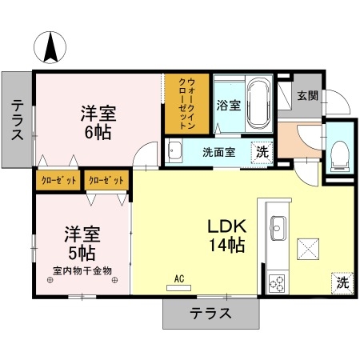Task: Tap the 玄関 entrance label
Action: [x=308, y=96]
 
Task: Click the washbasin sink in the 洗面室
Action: [x=176, y=151]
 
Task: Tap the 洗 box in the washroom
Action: [x=261, y=152]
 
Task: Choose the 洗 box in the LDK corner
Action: [x=342, y=282]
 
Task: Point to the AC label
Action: [x=179, y=278]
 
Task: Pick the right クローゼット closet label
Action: [x=106, y=181]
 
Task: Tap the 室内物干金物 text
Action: [x=82, y=270]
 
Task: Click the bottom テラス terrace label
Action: [x=210, y=313]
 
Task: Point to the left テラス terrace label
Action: [x=17, y=120]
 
